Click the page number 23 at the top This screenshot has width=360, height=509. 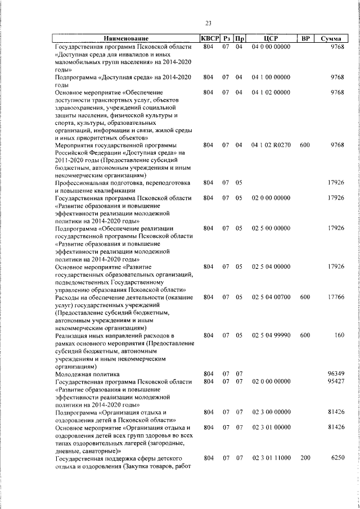click(208, 23)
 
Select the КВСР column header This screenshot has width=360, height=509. click(209, 39)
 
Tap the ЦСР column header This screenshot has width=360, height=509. click(271, 39)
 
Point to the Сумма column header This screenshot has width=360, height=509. click(332, 39)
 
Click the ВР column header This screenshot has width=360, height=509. click(305, 39)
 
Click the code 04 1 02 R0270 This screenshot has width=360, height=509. click(271, 145)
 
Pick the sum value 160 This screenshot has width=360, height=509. click(339, 335)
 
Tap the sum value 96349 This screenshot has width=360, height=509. click(335, 373)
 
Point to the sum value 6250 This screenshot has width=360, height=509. click(337, 458)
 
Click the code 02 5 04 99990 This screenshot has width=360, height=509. click(271, 335)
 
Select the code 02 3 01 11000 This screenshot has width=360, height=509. click(271, 458)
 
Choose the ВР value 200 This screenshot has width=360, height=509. click(305, 458)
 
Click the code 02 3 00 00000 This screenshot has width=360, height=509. click(271, 412)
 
